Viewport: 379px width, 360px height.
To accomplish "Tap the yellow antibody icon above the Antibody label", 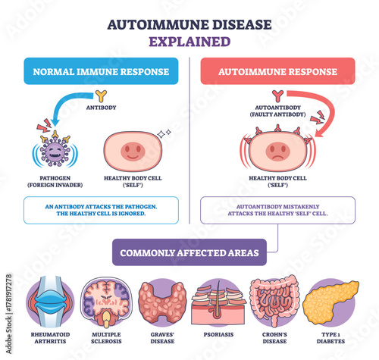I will (x=100, y=96).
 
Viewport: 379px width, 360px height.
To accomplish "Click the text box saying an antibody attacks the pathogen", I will (x=100, y=210).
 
